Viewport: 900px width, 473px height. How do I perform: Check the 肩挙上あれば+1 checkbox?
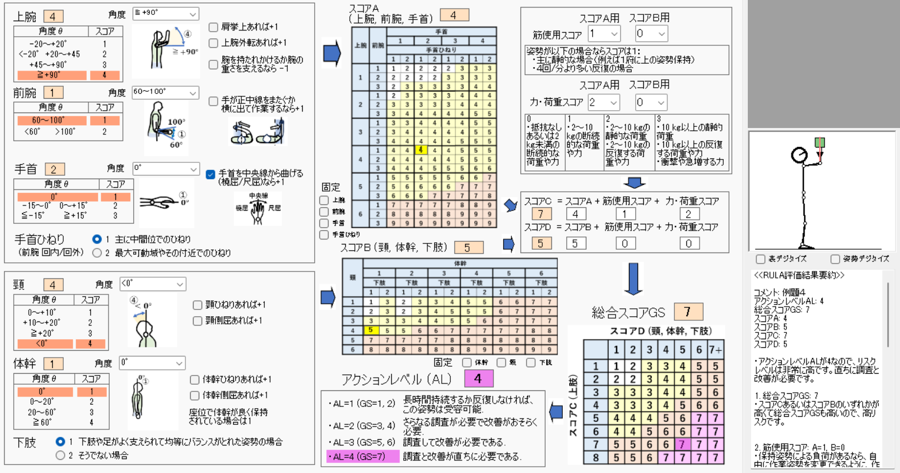pos(213,27)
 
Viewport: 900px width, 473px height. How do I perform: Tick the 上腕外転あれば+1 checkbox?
pos(213,43)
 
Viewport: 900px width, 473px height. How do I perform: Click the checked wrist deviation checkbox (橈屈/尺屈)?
pos(211,174)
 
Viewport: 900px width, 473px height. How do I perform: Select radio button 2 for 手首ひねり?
pos(97,253)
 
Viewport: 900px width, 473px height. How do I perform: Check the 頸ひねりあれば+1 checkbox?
pos(198,305)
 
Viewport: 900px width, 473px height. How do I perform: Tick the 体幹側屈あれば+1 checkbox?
pos(195,395)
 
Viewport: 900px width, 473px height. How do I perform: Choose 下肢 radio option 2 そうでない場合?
pos(60,455)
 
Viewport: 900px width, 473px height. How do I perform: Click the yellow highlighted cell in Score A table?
pos(420,150)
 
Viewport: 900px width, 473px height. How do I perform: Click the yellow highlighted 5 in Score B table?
pos(370,330)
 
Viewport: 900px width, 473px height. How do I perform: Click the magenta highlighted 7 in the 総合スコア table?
pos(682,444)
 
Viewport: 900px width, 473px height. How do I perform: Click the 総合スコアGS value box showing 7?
pos(687,312)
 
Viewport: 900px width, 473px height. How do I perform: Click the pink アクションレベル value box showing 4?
pos(478,379)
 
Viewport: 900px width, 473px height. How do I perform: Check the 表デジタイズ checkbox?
pos(760,259)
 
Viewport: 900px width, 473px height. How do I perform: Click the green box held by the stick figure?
pos(820,142)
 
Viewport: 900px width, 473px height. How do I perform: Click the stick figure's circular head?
pos(799,155)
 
